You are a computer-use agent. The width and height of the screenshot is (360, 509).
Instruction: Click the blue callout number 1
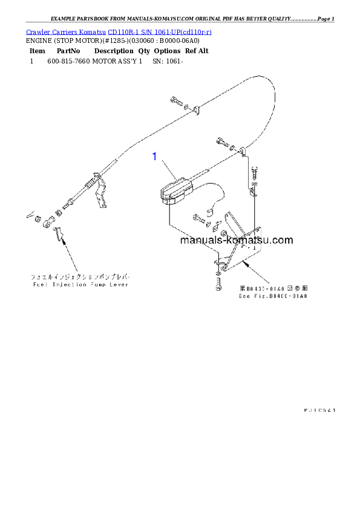click(155, 157)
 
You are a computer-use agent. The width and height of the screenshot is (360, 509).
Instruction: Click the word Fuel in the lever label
click(39, 284)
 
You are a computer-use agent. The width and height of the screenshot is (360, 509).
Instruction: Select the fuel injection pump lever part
click(57, 233)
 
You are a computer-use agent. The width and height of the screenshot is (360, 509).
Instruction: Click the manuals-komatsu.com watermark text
click(236, 240)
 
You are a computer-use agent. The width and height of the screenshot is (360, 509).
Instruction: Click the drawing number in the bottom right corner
click(319, 410)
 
